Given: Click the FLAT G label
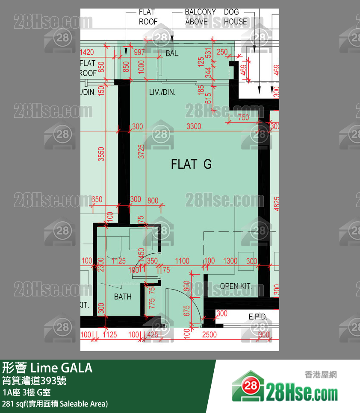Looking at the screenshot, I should (191, 164).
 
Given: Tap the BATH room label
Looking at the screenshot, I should (123, 297).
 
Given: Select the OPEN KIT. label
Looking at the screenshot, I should (236, 286).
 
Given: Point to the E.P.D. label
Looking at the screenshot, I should (258, 317).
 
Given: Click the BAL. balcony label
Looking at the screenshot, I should (172, 54).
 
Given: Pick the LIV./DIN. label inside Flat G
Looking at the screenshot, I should (162, 92).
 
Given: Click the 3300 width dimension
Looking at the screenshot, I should (194, 126).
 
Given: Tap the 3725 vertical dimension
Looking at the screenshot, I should (142, 151).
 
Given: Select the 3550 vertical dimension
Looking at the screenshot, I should (101, 154).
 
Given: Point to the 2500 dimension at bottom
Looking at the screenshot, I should (209, 335).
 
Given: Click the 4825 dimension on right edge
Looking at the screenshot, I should (276, 203).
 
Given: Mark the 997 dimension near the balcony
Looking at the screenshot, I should (139, 53).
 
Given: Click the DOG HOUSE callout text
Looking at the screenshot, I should (235, 17).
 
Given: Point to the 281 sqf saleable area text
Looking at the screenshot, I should (55, 404).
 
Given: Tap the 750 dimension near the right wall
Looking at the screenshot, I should (243, 118).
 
